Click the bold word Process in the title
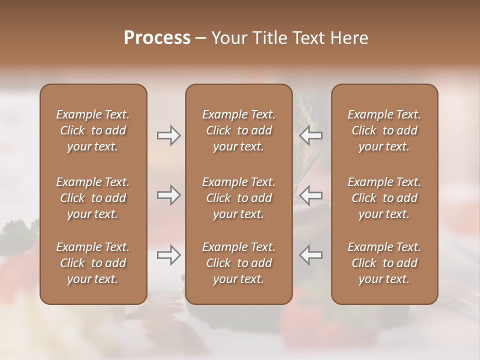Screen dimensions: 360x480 157,38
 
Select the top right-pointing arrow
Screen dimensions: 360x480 168,135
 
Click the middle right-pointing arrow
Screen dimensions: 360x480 168,195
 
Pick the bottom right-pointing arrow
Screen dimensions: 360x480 168,255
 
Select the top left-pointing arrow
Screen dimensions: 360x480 311,135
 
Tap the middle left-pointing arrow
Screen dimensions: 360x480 311,195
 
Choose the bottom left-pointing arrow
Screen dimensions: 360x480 311,255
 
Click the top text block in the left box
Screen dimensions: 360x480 93,130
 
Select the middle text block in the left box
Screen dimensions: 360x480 93,198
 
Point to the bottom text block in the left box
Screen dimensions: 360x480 93,263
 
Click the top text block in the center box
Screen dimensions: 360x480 239,130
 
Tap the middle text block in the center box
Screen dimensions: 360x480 239,198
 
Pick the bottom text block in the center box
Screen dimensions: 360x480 239,263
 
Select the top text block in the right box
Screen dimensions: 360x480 384,130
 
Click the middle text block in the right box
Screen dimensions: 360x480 384,198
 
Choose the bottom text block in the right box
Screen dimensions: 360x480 384,263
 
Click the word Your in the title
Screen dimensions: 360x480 227,38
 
